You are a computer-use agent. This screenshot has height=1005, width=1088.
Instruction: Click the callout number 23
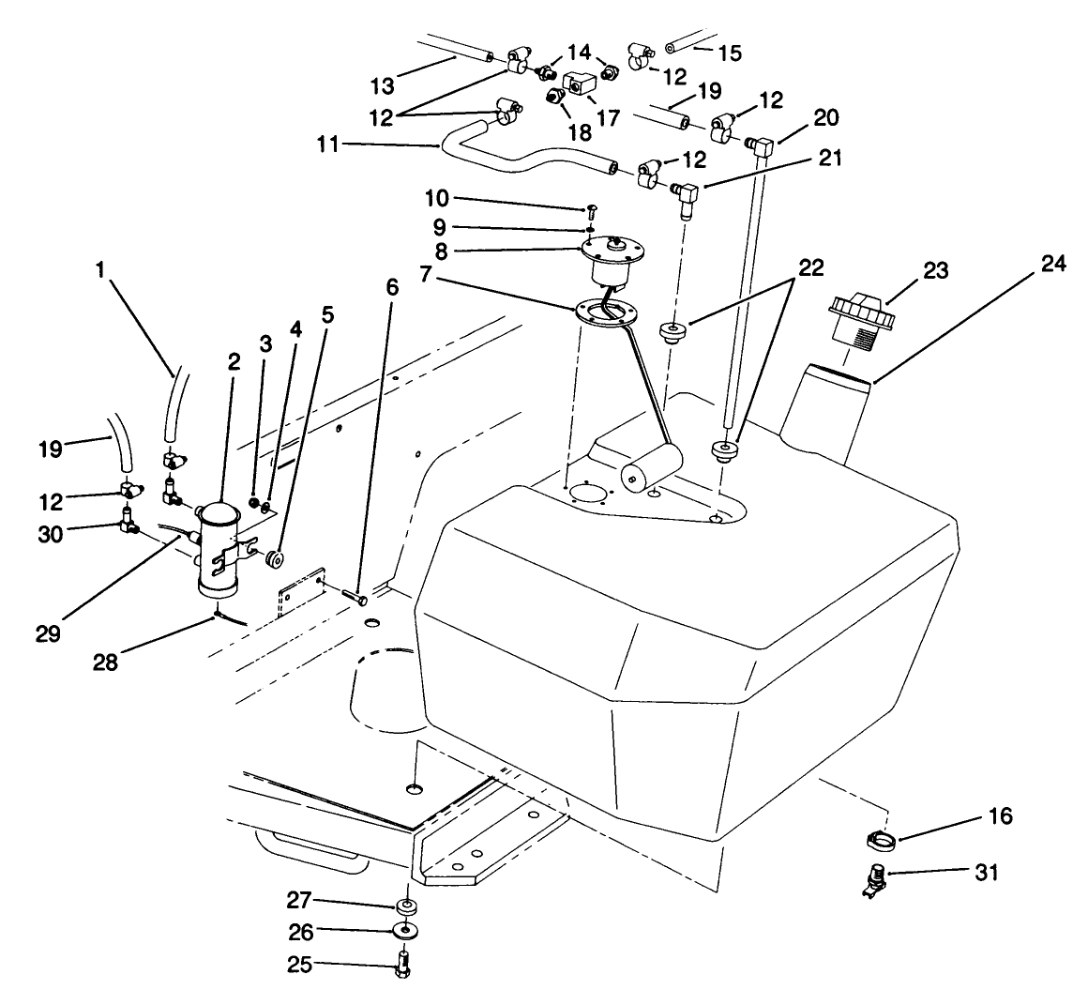pyautogui.click(x=935, y=271)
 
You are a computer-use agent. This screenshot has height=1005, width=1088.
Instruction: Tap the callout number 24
pyautogui.click(x=1053, y=266)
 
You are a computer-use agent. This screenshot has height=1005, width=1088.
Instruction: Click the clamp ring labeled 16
pyautogui.click(x=879, y=833)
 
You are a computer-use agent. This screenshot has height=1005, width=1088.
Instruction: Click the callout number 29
pyautogui.click(x=49, y=633)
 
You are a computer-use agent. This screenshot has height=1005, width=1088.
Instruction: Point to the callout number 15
pyautogui.click(x=729, y=53)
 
